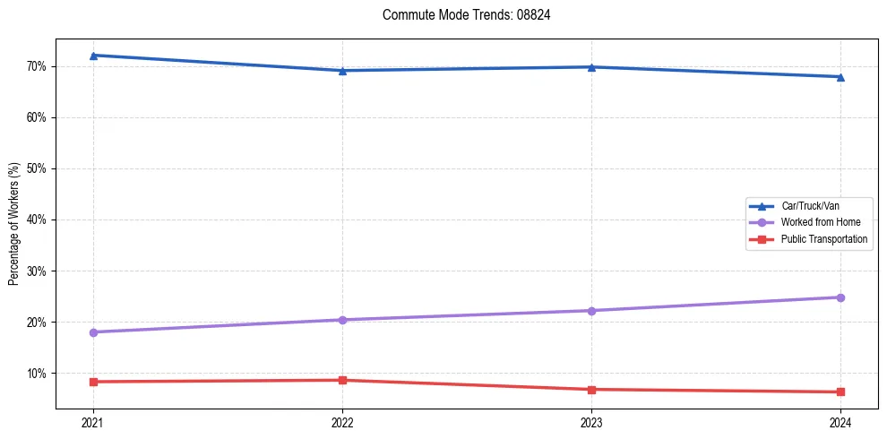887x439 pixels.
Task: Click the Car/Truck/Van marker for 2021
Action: pos(93,56)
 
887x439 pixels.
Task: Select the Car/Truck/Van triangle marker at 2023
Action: pos(591,67)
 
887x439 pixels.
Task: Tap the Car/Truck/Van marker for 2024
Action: pos(840,77)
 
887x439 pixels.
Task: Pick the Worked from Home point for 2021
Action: pos(93,332)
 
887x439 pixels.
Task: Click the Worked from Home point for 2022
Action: pos(342,320)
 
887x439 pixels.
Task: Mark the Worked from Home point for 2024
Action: pos(840,297)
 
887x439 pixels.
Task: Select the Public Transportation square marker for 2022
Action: pos(342,380)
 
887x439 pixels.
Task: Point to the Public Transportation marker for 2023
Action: pos(591,390)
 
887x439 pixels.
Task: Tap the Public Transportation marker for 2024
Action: pos(840,392)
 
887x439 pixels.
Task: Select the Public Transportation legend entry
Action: pos(823,239)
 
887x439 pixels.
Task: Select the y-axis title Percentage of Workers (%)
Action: pos(14,224)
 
